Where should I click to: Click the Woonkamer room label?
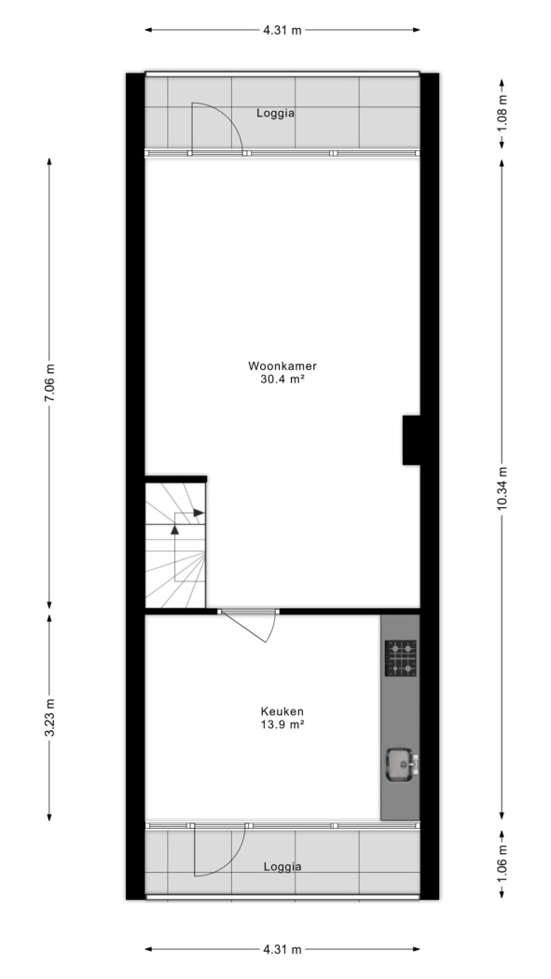(x=278, y=365)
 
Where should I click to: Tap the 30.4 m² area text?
(x=278, y=379)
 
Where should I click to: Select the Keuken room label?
(x=282, y=711)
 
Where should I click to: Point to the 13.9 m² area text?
(x=282, y=724)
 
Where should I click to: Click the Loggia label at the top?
(x=275, y=114)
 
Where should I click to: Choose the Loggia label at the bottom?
(x=282, y=866)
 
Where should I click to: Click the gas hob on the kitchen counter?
(x=400, y=658)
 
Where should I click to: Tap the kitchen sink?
(x=401, y=765)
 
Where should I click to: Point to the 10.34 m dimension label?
(x=503, y=489)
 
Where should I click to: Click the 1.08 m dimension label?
(x=503, y=115)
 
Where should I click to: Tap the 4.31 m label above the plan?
(x=282, y=30)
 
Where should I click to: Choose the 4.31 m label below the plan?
(x=282, y=950)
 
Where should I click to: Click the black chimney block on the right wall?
(x=411, y=440)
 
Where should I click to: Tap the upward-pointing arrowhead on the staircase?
(x=174, y=529)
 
